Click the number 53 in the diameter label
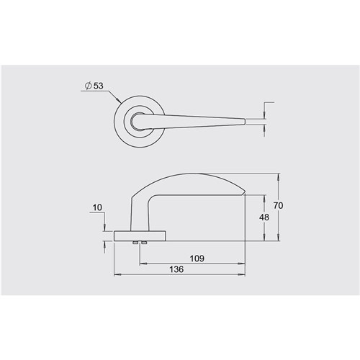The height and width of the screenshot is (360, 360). (x=99, y=86)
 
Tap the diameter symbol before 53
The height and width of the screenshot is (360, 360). (x=88, y=86)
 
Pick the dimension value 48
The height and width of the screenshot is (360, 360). (x=264, y=217)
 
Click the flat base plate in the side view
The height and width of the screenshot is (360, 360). (x=140, y=235)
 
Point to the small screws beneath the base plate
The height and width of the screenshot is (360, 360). (x=140, y=243)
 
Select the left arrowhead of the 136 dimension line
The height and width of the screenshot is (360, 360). (x=117, y=275)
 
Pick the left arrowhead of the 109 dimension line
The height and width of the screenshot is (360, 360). (x=141, y=263)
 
